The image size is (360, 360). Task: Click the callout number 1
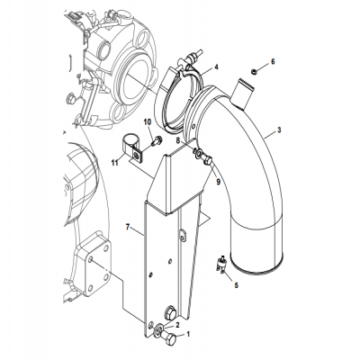[x=188, y=335]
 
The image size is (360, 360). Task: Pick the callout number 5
[x=237, y=285]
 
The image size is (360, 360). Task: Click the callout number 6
[x=274, y=60]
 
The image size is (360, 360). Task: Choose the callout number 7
[x=129, y=229]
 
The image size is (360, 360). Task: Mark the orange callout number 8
[x=178, y=141]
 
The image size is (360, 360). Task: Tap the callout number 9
[x=217, y=182]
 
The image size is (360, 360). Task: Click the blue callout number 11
[x=114, y=162]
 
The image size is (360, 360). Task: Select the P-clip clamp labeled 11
[x=130, y=148]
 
